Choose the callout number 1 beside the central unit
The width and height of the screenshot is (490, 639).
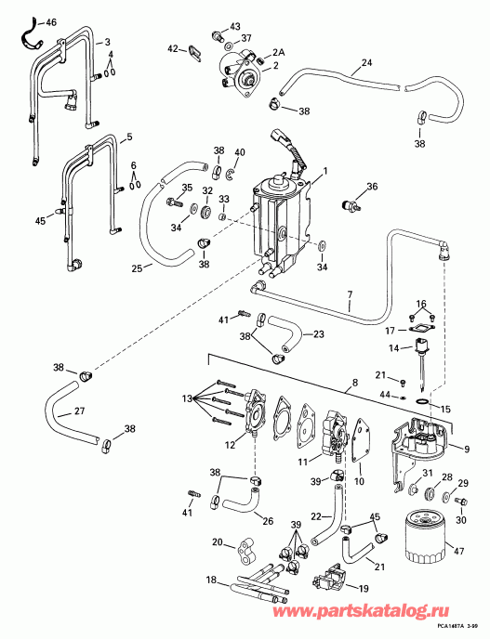pos(324,169)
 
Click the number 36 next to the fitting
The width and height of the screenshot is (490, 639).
pos(373,186)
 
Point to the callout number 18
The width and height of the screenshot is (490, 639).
pos(211,580)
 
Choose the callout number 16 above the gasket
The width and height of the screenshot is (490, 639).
pos(421,304)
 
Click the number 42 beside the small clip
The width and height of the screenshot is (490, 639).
pos(173,47)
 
